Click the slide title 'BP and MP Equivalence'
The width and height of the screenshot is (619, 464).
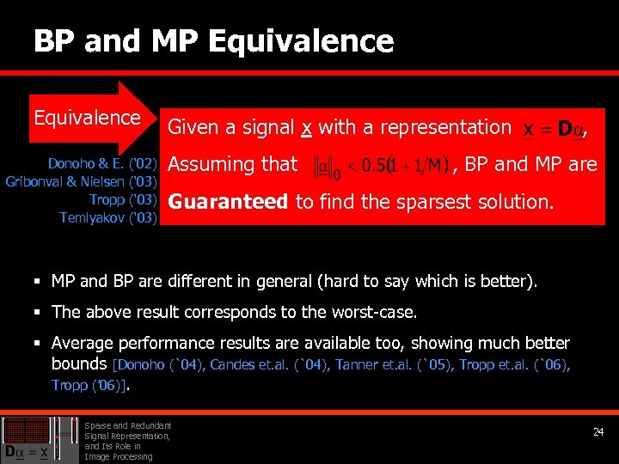pos(213,41)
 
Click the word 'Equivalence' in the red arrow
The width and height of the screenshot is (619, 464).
pos(87,117)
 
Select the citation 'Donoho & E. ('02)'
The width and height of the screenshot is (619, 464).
pos(102,163)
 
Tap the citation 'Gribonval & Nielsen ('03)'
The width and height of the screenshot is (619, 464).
pos(81,181)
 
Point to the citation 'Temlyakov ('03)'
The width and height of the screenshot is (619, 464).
pos(107,218)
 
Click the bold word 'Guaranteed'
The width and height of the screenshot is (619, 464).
pos(228,202)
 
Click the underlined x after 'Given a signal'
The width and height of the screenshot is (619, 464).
pos(306,128)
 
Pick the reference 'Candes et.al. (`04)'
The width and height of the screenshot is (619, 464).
pos(267,365)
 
